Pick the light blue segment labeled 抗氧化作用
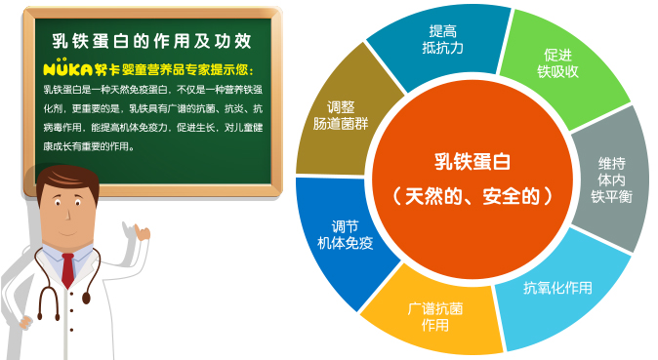coord(557,288)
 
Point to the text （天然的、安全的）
coord(472,195)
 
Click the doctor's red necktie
coord(67,269)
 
